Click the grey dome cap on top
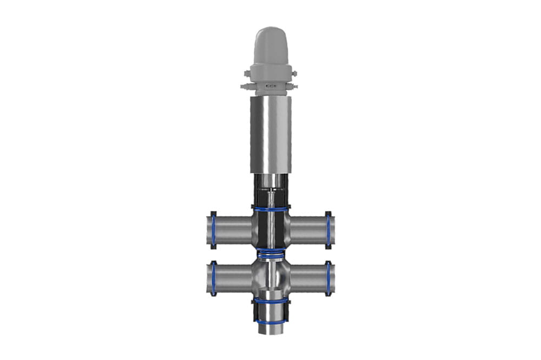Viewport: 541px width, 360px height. (270, 46)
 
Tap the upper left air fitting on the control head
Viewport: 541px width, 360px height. (247, 73)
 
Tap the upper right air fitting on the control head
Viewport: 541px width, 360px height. (294, 73)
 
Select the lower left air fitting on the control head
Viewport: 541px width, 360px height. (244, 86)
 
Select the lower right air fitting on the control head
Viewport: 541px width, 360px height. (296, 86)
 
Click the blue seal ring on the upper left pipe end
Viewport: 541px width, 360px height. (213, 230)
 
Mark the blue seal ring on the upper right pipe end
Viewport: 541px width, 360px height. (328, 230)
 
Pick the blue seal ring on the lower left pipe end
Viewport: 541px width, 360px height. (213, 279)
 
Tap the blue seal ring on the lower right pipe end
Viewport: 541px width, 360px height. (328, 279)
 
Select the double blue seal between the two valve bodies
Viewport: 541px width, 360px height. (270, 253)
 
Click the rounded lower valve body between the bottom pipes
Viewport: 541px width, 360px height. (270, 276)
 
